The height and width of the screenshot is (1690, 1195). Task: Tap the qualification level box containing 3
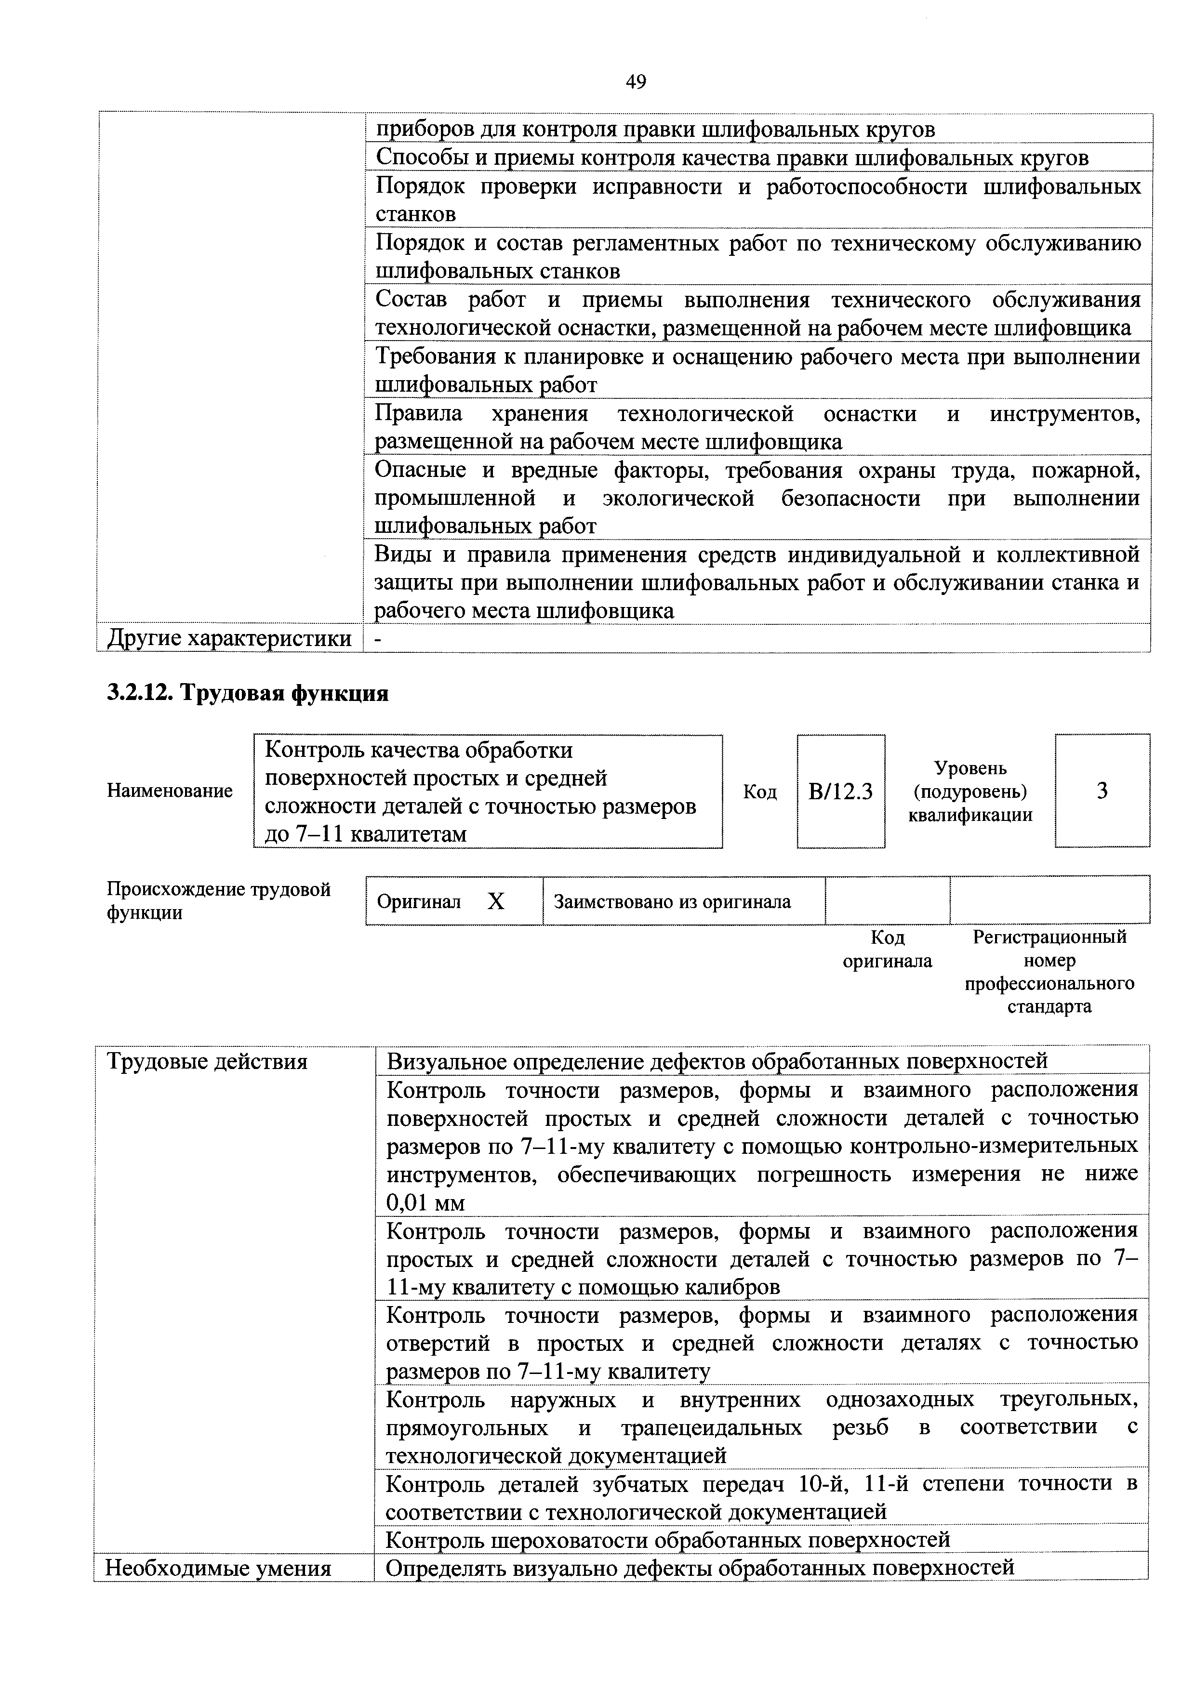click(1102, 791)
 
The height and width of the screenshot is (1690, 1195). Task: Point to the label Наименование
click(169, 791)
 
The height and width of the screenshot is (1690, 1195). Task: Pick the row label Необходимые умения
click(218, 1568)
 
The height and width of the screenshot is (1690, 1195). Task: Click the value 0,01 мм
click(425, 1203)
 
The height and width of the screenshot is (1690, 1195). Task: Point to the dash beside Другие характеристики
click(378, 639)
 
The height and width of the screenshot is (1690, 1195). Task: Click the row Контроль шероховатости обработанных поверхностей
click(668, 1540)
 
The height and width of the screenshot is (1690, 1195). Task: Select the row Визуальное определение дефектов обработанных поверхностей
click(717, 1061)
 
